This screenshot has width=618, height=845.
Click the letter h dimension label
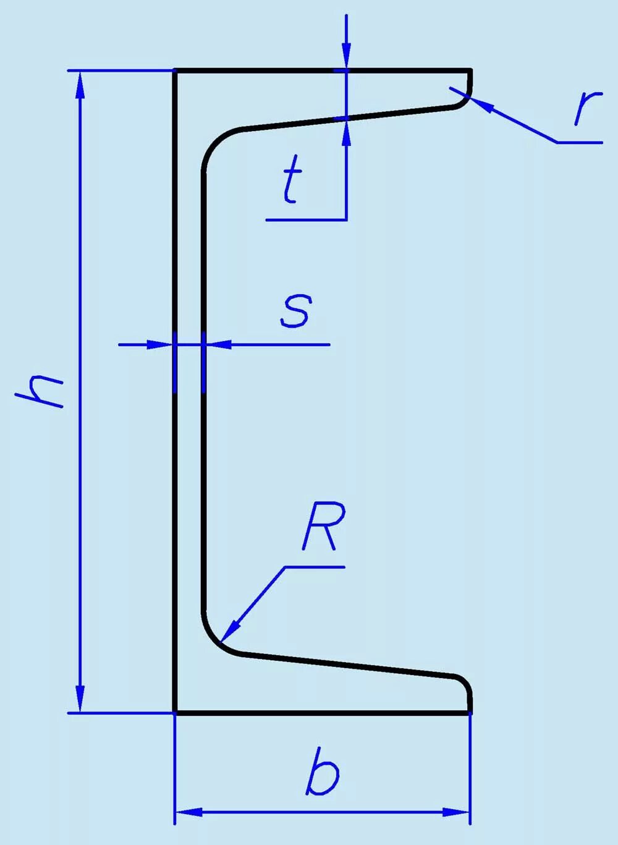click(40, 391)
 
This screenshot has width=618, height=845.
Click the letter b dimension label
click(322, 772)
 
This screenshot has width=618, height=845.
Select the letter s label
click(296, 311)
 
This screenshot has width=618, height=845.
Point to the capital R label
click(323, 526)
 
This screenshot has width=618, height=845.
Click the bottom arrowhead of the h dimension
click(80, 699)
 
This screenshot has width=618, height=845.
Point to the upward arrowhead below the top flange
click(346, 132)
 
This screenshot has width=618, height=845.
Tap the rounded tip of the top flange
click(467, 96)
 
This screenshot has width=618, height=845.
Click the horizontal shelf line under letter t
click(306, 219)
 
